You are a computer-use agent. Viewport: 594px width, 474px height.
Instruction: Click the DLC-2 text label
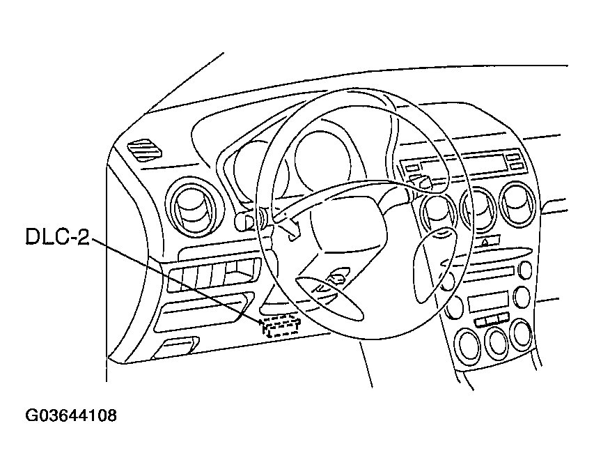click(x=58, y=237)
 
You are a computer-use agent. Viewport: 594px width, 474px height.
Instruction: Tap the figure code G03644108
click(x=71, y=416)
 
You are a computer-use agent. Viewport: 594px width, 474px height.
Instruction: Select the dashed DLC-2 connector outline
click(x=281, y=326)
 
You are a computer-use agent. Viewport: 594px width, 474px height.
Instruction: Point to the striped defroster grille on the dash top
click(x=145, y=149)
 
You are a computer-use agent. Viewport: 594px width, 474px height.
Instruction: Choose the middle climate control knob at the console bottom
click(x=497, y=341)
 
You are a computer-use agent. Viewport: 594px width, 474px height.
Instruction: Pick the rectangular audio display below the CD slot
click(x=487, y=302)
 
